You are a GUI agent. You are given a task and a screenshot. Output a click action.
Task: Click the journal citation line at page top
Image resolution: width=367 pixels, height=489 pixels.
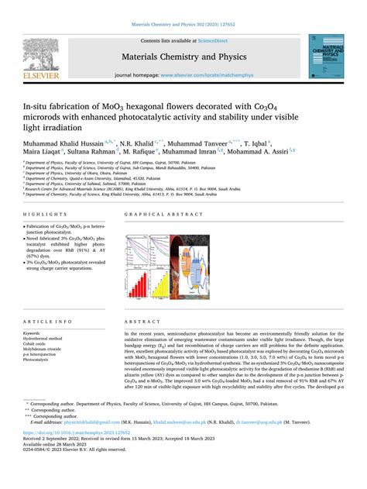click(183, 25)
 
